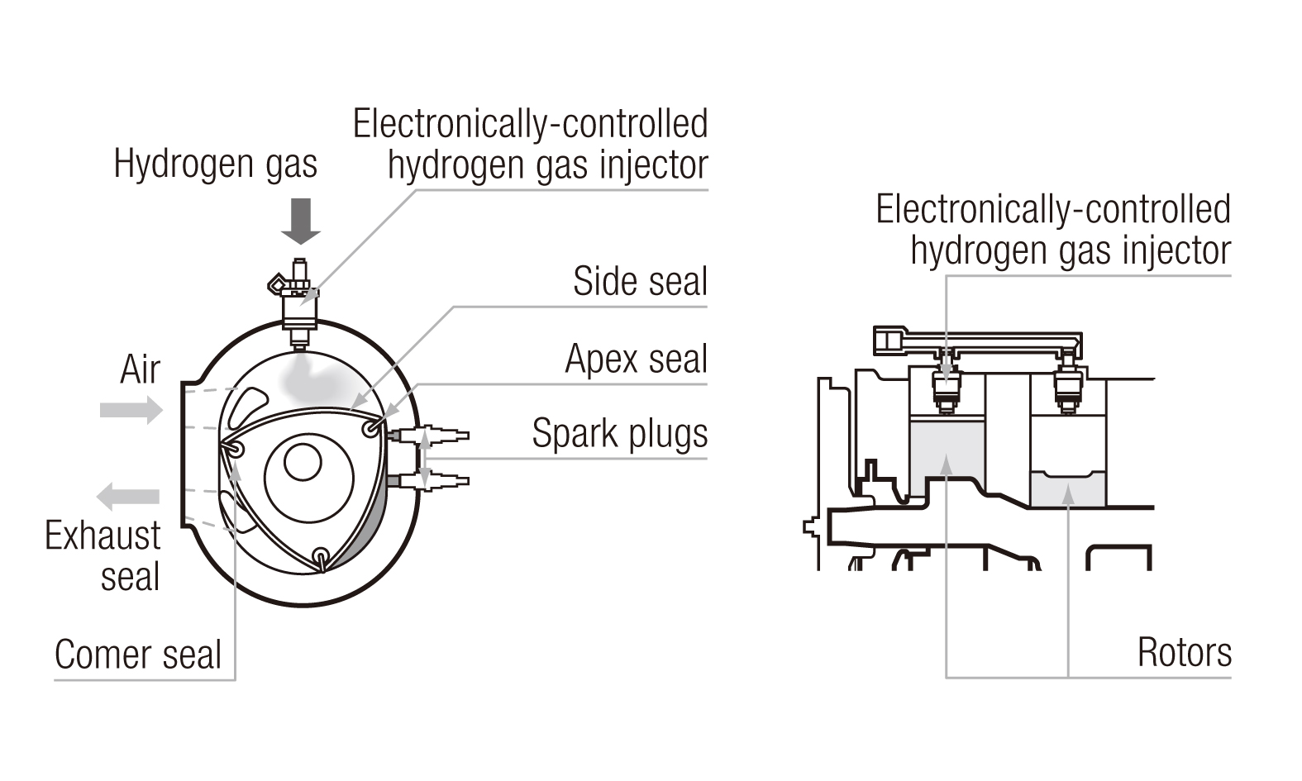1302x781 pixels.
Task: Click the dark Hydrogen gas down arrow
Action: pos(301,221)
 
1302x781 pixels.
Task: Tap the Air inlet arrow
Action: pos(131,410)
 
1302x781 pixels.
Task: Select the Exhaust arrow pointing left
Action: pos(128,496)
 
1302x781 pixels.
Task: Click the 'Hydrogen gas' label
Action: pos(216,164)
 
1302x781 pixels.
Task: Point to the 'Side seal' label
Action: pos(640,282)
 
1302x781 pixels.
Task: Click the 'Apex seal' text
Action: pos(637,360)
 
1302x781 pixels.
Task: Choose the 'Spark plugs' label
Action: pos(620,434)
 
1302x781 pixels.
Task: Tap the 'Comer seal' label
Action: pos(138,655)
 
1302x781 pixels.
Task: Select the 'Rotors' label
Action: pos(1184,653)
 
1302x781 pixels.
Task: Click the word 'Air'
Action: pos(140,369)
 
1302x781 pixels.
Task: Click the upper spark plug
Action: pos(429,436)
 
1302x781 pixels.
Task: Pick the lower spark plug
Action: pos(429,480)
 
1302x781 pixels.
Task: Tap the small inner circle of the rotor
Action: pos(303,463)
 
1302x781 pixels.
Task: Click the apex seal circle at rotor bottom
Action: pos(320,556)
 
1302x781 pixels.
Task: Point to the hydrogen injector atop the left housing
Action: pos(298,304)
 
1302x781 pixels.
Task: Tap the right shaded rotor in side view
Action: pos(1068,488)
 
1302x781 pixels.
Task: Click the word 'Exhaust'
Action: pos(103,536)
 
